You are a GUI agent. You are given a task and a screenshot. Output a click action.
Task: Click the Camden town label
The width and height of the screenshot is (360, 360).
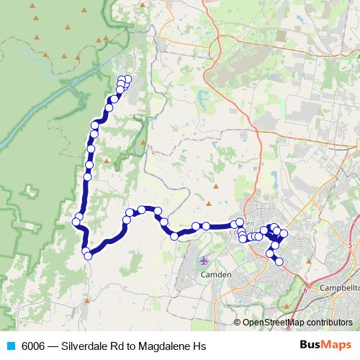click(x=215, y=275)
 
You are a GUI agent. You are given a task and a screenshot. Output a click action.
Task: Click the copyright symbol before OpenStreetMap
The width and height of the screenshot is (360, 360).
click(x=238, y=322)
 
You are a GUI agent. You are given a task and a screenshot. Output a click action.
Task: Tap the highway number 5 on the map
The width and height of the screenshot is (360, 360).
click(x=351, y=246)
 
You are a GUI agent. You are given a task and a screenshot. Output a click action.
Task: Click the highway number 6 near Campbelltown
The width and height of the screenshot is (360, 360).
click(x=305, y=290)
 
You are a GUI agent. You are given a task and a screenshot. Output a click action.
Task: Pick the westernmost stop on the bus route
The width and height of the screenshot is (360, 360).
click(x=76, y=222)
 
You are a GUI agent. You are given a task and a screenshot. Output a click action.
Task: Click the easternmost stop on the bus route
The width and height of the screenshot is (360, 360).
click(x=284, y=233)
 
